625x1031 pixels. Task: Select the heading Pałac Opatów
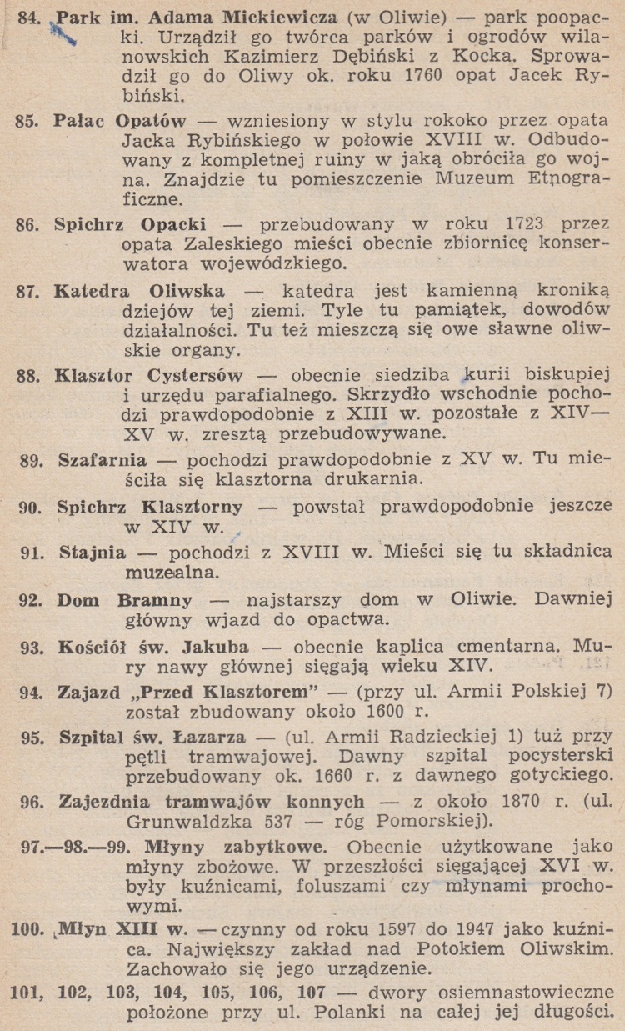click(120, 120)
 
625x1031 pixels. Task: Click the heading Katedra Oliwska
click(138, 291)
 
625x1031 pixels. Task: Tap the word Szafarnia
click(102, 459)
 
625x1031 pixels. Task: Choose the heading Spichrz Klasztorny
click(150, 506)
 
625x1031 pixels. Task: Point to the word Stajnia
click(92, 551)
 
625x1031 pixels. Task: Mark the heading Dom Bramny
click(124, 599)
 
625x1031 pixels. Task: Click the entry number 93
click(32, 647)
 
